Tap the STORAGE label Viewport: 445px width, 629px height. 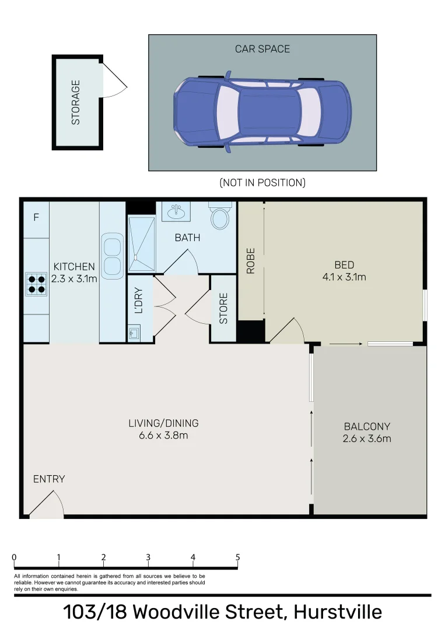point(75,103)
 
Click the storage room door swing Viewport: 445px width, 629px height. point(114,81)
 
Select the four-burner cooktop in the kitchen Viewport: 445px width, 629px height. point(36,284)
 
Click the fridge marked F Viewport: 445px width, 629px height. point(36,218)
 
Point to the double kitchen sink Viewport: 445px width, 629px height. point(112,256)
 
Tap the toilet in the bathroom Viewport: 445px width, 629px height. point(220,217)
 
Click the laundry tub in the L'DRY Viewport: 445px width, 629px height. point(134,334)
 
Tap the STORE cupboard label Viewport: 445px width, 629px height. point(223,309)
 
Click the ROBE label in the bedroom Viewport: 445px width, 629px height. point(251,261)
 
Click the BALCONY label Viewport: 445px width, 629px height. point(367,426)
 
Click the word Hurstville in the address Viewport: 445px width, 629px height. point(338,612)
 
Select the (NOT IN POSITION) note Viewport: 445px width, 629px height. point(262,183)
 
